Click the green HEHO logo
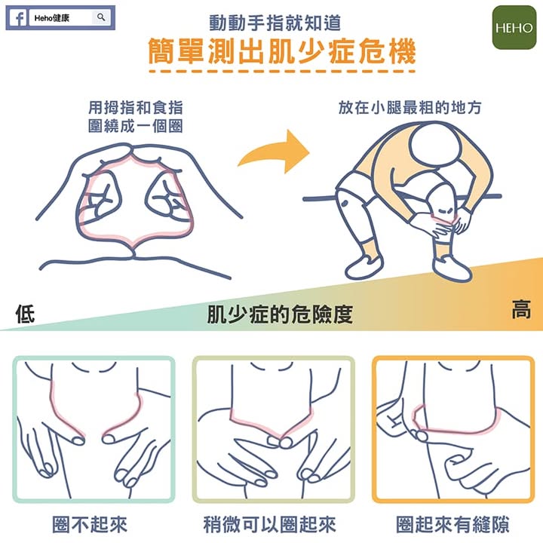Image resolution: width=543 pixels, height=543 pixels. (x=514, y=27)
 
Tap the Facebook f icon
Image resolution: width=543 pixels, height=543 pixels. (x=19, y=17)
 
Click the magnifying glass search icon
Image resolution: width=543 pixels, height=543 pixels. (x=101, y=17)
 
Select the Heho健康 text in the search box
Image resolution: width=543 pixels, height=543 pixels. (x=52, y=18)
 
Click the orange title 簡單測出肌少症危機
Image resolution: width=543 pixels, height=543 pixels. (x=282, y=52)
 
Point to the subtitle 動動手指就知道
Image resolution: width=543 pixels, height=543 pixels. (x=276, y=23)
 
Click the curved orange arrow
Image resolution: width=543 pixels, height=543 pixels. (x=274, y=152)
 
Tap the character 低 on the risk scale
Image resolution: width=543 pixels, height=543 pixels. (x=26, y=314)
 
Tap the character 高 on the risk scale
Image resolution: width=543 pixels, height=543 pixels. (x=521, y=309)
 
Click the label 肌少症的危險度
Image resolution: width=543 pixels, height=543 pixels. (x=280, y=314)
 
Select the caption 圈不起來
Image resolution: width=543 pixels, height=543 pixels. (x=90, y=524)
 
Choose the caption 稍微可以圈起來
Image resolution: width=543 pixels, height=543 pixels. (x=270, y=524)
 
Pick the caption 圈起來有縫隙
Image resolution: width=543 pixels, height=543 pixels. (x=452, y=524)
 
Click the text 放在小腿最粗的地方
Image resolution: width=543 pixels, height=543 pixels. (x=410, y=107)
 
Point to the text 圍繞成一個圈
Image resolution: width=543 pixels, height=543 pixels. (x=136, y=126)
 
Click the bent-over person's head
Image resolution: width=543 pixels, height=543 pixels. (x=436, y=146)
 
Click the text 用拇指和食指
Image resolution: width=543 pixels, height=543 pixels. (x=136, y=107)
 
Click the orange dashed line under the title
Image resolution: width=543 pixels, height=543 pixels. (x=282, y=72)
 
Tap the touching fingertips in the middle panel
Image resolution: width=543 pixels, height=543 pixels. (x=281, y=441)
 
